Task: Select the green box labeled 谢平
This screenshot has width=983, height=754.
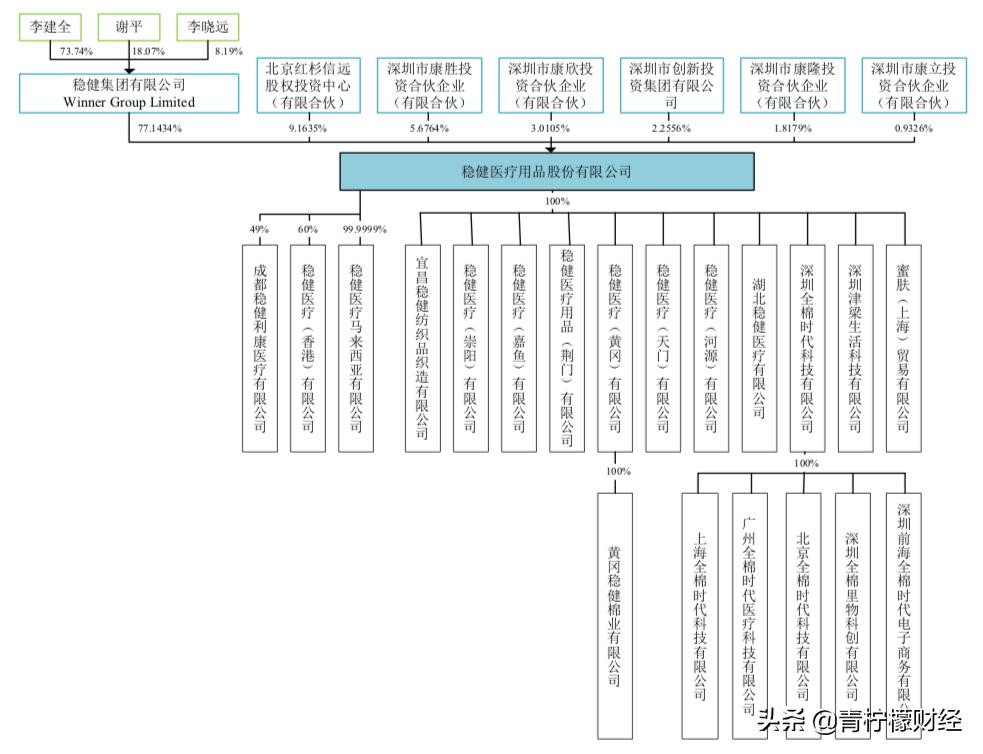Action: [x=127, y=28]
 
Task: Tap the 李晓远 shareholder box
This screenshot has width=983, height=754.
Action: [x=207, y=28]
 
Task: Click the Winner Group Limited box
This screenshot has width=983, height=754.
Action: [x=129, y=93]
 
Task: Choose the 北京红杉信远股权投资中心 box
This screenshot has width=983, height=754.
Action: [x=308, y=85]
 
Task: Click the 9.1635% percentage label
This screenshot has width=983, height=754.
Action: [x=307, y=129]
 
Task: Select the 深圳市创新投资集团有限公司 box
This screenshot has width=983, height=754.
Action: [x=671, y=85]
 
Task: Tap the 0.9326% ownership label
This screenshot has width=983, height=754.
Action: [x=912, y=129]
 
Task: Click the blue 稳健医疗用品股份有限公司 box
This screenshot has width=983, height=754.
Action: [x=545, y=172]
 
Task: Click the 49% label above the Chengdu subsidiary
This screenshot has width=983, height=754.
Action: [x=260, y=230]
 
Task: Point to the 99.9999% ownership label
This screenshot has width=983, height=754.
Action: [x=364, y=230]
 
